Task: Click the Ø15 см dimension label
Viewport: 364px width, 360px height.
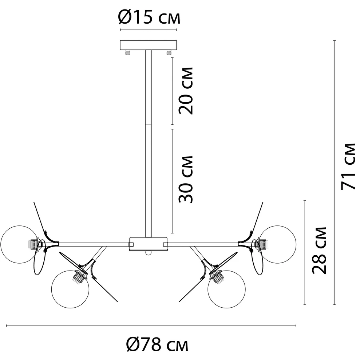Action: [x=149, y=17]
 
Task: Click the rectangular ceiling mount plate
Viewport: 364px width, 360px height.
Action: [x=149, y=45]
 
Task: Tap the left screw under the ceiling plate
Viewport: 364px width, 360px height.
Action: [x=128, y=53]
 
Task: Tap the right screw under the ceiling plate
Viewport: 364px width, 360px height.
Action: [x=169, y=53]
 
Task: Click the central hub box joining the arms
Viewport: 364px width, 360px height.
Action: [x=148, y=243]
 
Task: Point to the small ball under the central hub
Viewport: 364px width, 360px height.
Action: [x=148, y=253]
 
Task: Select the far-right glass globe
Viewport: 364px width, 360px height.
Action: [x=278, y=243]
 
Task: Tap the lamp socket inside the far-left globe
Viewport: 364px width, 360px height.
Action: [x=34, y=243]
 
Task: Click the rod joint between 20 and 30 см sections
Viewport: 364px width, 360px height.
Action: [x=149, y=125]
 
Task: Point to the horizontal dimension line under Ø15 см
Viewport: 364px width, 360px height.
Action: [x=149, y=30]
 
